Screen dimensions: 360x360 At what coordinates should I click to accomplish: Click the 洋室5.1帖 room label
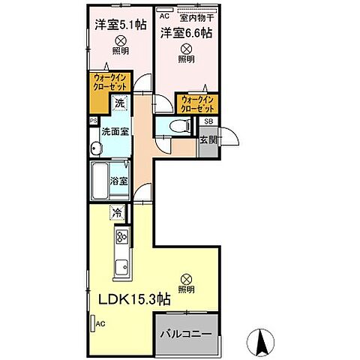[119, 23]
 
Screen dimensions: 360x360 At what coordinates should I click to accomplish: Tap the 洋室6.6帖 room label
[184, 32]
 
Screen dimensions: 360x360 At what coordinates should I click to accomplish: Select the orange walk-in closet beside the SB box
[197, 103]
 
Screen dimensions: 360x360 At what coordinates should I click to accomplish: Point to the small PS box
[93, 119]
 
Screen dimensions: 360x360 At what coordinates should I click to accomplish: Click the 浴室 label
[118, 181]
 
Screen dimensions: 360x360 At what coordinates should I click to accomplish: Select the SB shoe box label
[208, 121]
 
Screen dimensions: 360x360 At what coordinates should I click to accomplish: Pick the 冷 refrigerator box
[118, 213]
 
